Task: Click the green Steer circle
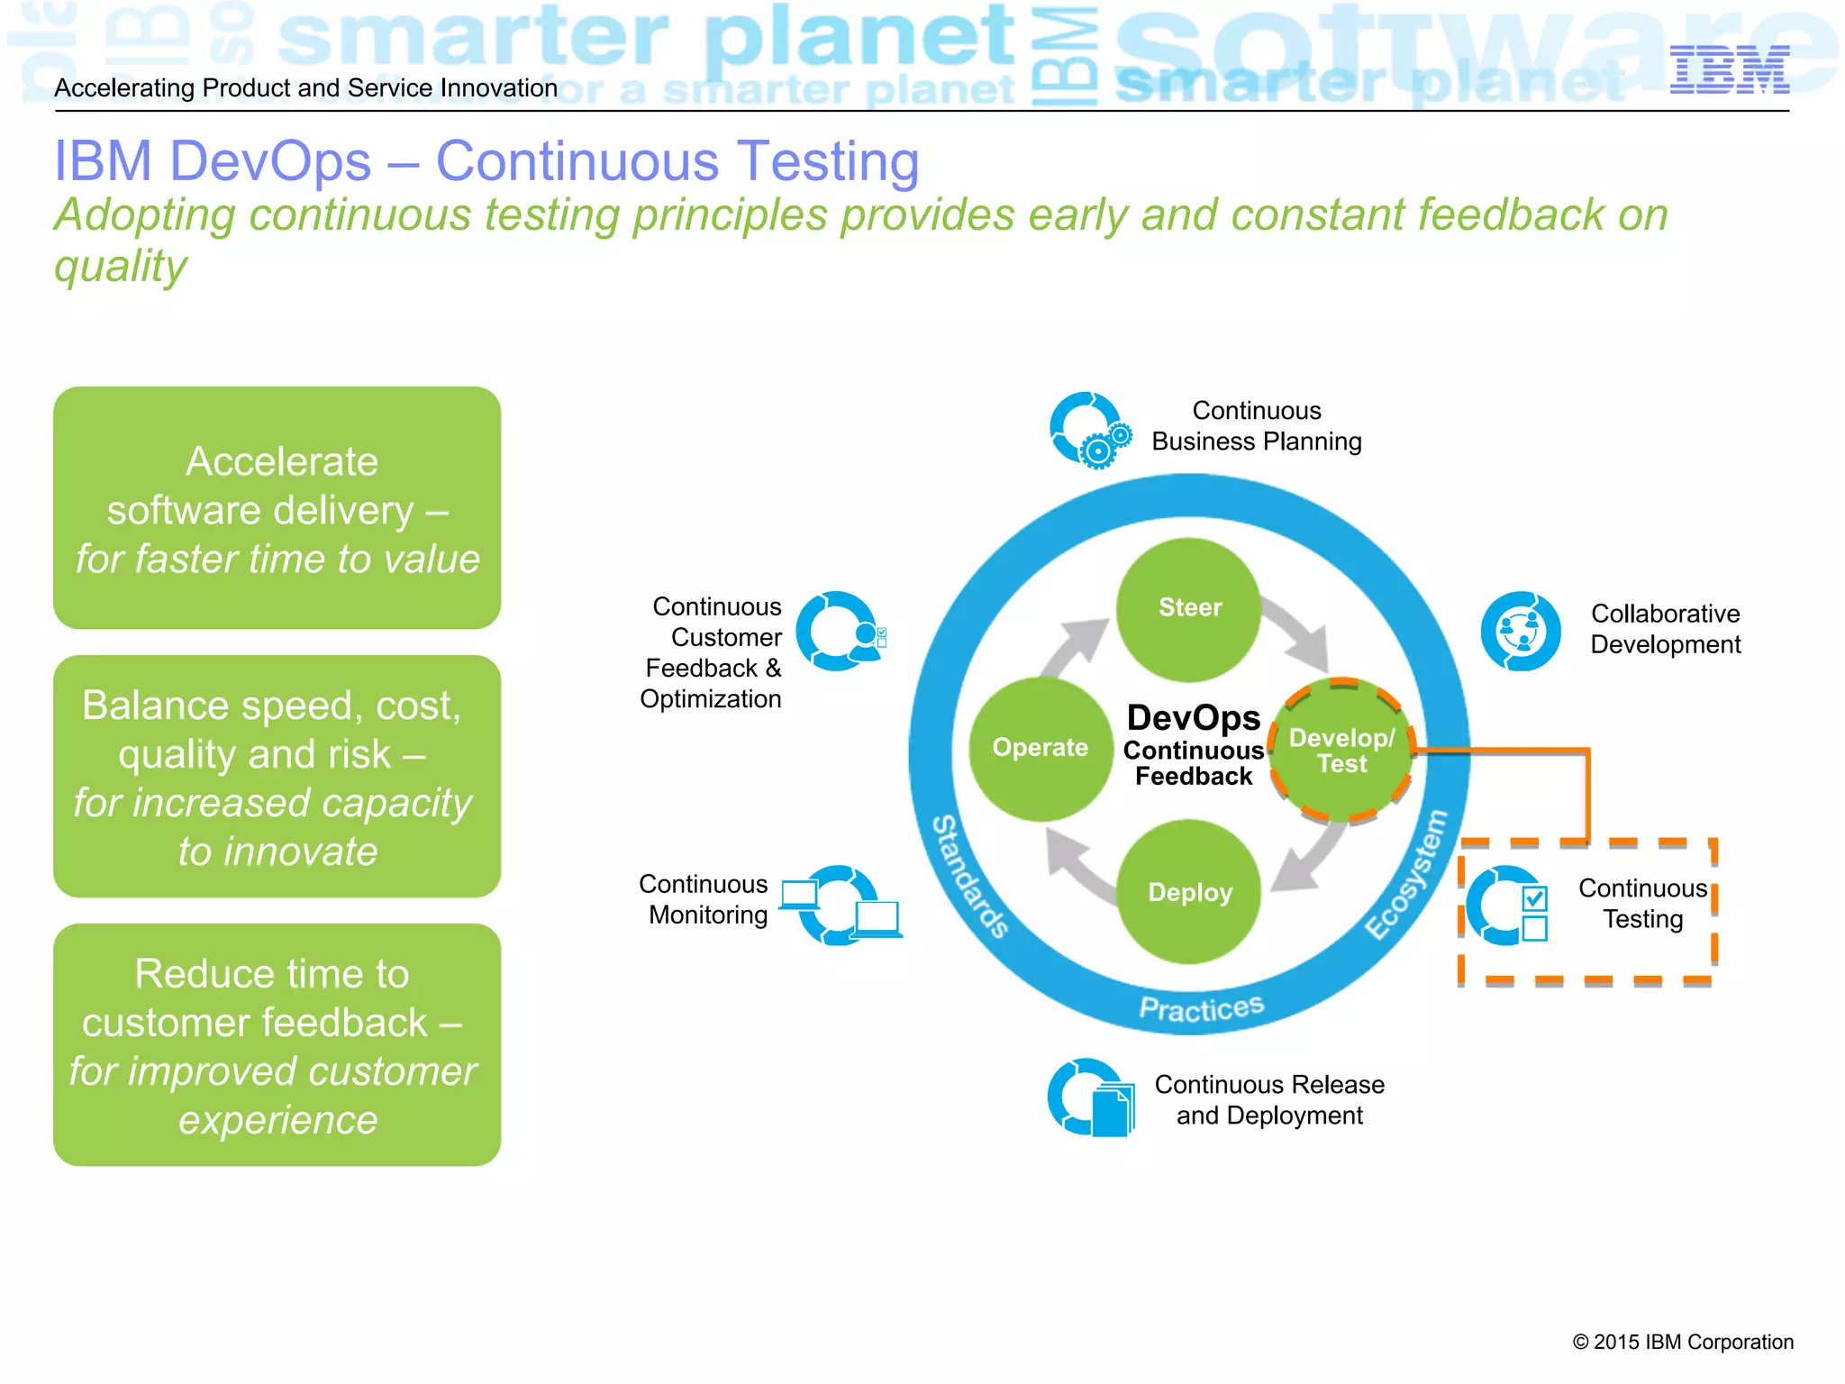tap(1189, 609)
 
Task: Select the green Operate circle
tap(1041, 748)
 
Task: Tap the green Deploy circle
tap(1189, 892)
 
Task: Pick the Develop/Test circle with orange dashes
tap(1341, 750)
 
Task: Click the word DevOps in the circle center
tap(1193, 718)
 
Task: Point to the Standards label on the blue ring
tap(968, 876)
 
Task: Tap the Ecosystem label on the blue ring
tap(1407, 874)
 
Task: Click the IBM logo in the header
tap(1729, 69)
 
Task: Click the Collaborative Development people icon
tap(1521, 631)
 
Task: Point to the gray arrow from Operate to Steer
tap(1077, 643)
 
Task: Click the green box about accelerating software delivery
tap(277, 508)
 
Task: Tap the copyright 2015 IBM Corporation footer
tap(1682, 1342)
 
